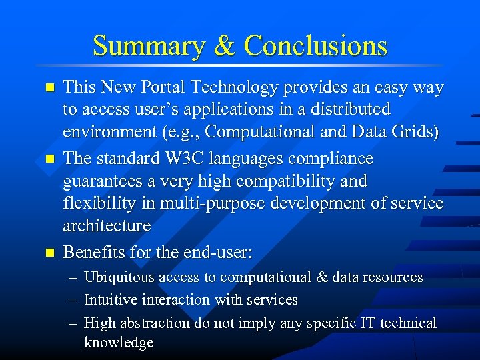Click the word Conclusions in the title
pyautogui.click(x=315, y=46)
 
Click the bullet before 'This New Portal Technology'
pyautogui.click(x=47, y=87)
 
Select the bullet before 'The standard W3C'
pyautogui.click(x=47, y=160)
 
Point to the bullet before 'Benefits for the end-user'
pyautogui.click(x=47, y=253)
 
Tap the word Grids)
pyautogui.click(x=417, y=131)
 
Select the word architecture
pyautogui.click(x=107, y=225)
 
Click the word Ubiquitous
pyautogui.click(x=117, y=277)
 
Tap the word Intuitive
pyautogui.click(x=110, y=299)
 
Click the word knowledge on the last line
pyautogui.click(x=119, y=343)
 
